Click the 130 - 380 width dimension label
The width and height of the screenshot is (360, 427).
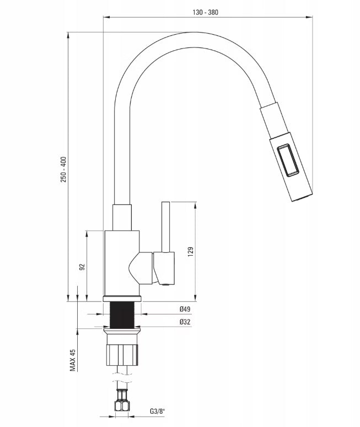(x=205, y=12)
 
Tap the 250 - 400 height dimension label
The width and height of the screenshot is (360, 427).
(x=63, y=170)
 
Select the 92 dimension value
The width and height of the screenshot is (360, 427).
(x=82, y=267)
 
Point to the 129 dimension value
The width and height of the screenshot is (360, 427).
(x=190, y=252)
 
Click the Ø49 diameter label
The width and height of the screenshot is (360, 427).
(x=185, y=309)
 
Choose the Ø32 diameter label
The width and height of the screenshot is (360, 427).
(x=185, y=322)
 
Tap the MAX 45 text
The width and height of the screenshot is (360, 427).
(x=72, y=360)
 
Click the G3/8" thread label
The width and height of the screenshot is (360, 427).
(x=158, y=411)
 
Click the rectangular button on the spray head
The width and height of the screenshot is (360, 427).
(x=288, y=160)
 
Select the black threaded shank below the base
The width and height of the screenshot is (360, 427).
(x=122, y=315)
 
